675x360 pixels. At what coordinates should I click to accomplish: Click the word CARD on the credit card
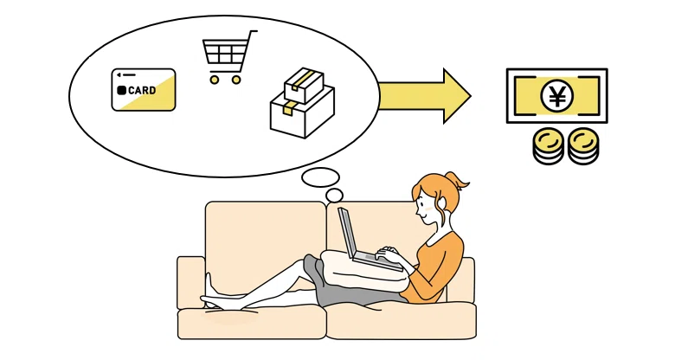142,90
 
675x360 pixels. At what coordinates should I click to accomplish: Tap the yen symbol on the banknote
557,96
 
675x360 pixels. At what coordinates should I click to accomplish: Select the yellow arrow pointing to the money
424,96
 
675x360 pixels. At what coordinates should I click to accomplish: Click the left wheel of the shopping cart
215,80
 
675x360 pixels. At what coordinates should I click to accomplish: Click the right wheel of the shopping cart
236,80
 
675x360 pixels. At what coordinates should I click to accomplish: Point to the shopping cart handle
253,31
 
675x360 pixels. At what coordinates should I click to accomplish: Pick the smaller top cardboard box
304,85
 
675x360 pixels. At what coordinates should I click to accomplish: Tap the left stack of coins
548,146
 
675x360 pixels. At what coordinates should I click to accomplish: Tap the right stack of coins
583,146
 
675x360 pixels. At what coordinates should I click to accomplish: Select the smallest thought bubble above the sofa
335,196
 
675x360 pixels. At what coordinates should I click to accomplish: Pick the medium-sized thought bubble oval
321,177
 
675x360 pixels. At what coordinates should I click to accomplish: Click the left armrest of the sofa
190,282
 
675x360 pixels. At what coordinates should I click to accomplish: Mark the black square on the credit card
122,90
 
